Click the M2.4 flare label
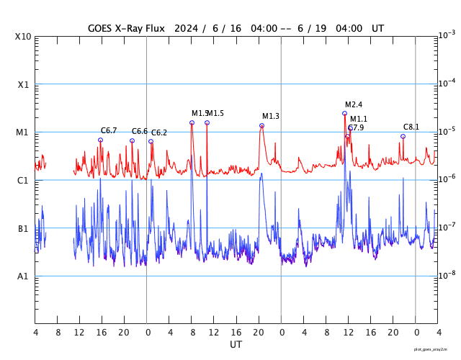(354, 105)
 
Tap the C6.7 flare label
(109, 131)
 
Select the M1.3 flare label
(271, 117)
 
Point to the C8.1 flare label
(411, 127)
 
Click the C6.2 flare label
(159, 133)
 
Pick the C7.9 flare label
(356, 128)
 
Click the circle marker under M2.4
(344, 113)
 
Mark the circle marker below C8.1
(403, 136)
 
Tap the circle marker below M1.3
(261, 126)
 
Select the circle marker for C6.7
(101, 140)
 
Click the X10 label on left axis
(23, 36)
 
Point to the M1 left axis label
(23, 132)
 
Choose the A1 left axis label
(23, 276)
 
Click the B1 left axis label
(23, 229)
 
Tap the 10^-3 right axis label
(447, 35)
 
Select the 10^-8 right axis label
(447, 274)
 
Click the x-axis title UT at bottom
(236, 345)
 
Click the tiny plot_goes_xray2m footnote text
(430, 349)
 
